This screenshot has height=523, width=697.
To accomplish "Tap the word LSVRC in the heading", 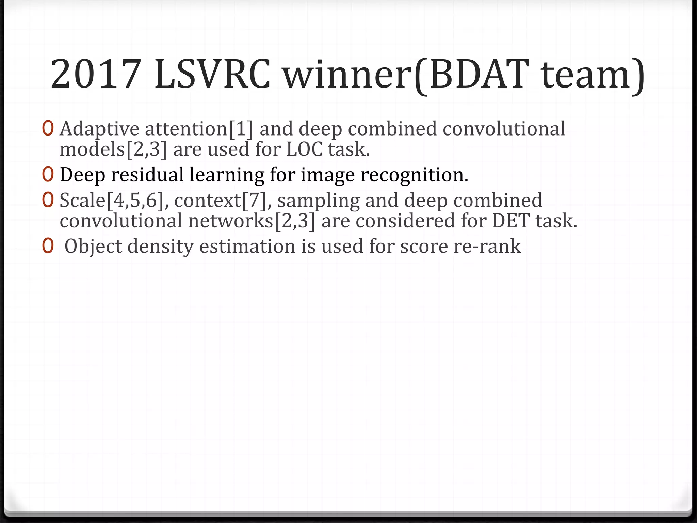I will click(x=212, y=74).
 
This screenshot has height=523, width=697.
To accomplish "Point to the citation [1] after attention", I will click(x=241, y=129).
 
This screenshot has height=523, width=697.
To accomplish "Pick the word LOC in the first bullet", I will click(x=304, y=149).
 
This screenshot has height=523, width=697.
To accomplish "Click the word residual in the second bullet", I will click(x=147, y=175).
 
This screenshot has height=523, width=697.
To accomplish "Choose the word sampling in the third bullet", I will click(x=319, y=200).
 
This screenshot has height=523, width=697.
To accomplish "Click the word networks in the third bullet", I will click(x=231, y=221).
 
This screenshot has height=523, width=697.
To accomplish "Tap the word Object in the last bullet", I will click(x=93, y=246).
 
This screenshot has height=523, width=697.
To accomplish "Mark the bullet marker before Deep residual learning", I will click(x=48, y=175).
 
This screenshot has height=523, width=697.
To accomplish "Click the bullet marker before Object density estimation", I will click(x=48, y=246).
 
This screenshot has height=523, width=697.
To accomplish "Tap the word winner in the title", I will click(x=346, y=74).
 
